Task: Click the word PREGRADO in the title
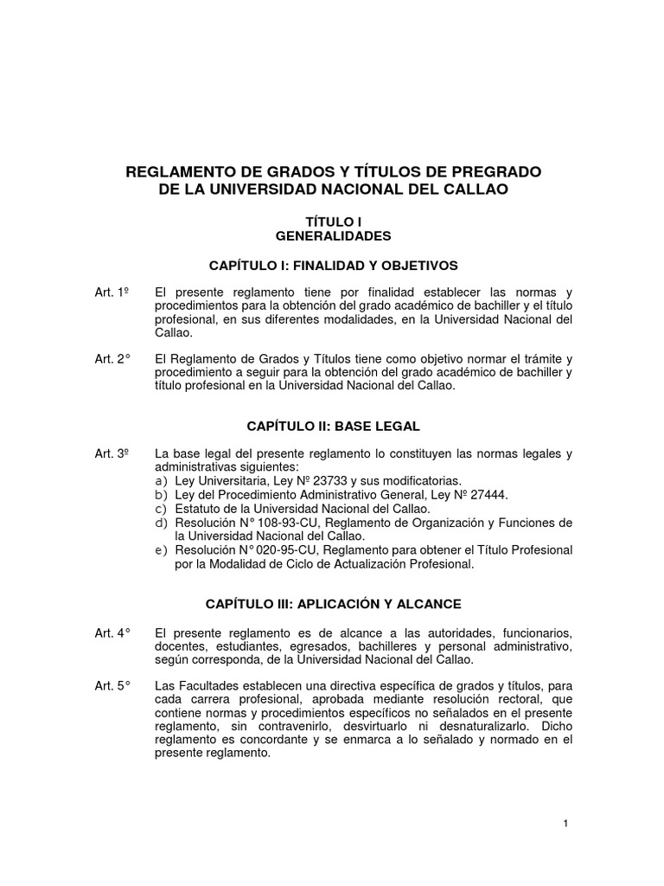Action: [497, 171]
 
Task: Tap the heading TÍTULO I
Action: [334, 221]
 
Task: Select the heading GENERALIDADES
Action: [334, 235]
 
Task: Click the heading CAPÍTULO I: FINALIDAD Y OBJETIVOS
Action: [334, 264]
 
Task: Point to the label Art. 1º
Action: [112, 292]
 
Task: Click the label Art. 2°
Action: [112, 359]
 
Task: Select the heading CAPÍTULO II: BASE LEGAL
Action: [334, 426]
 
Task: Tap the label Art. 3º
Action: [112, 453]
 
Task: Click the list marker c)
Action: [160, 508]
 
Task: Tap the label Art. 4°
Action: [112, 632]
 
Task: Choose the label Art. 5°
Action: [112, 686]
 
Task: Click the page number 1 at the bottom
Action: [565, 823]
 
